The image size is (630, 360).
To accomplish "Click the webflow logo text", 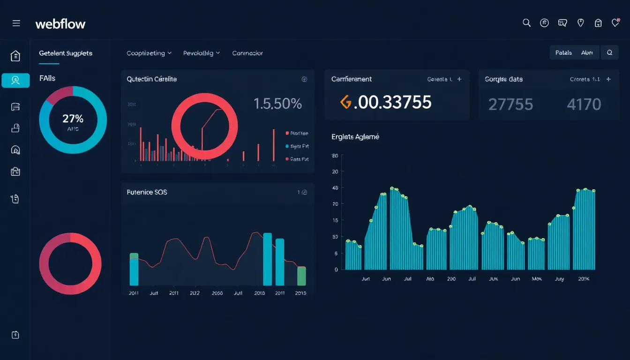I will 60,23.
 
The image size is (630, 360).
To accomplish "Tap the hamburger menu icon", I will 16,23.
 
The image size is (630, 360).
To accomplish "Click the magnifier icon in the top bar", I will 526,23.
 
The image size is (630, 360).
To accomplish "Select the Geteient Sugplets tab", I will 66,53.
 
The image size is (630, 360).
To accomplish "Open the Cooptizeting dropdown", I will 149,53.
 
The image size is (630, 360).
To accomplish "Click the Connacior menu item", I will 247,53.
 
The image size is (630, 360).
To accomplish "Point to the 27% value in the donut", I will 73,118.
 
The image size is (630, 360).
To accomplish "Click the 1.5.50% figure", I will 277,104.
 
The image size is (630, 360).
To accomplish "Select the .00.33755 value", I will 392,102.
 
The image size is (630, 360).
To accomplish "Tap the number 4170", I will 584,104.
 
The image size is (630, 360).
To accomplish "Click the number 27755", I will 510,104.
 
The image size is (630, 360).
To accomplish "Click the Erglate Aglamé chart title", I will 355,137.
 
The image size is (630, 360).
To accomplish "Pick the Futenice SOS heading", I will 147,192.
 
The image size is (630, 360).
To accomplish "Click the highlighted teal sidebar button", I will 15,80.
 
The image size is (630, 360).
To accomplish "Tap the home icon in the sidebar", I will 15,56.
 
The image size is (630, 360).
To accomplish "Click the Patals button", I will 563,53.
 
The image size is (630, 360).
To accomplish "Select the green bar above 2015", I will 301,276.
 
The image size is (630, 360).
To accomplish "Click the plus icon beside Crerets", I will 608,79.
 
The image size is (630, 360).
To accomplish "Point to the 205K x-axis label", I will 584,278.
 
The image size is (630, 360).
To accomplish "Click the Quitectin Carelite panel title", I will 151,79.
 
